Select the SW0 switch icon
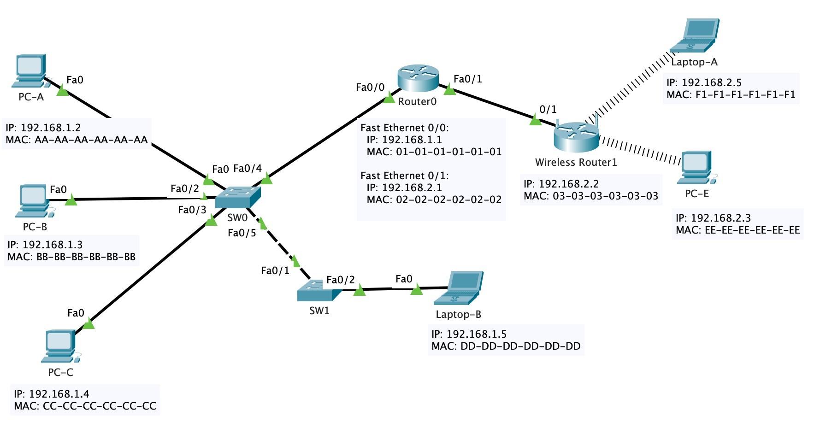(x=237, y=197)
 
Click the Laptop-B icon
(x=459, y=288)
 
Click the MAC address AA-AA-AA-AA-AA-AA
(x=91, y=140)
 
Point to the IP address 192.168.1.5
(x=477, y=334)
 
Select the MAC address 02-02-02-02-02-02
(x=448, y=199)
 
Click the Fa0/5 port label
(x=242, y=233)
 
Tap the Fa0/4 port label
(x=248, y=169)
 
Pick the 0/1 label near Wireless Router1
(x=548, y=110)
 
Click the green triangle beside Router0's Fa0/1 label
(x=449, y=90)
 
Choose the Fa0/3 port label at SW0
(x=192, y=210)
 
